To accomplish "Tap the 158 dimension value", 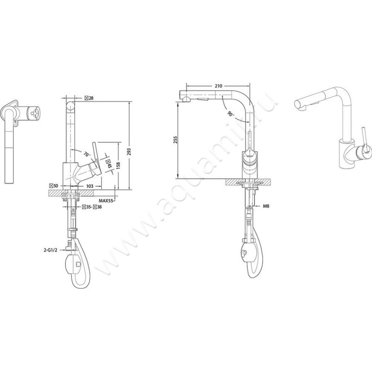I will (120, 165).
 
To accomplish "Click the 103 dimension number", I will (89, 186).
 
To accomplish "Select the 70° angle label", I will (86, 153).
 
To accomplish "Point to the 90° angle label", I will (231, 114).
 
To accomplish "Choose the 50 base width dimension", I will (54, 186).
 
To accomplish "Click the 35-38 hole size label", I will (92, 207).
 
